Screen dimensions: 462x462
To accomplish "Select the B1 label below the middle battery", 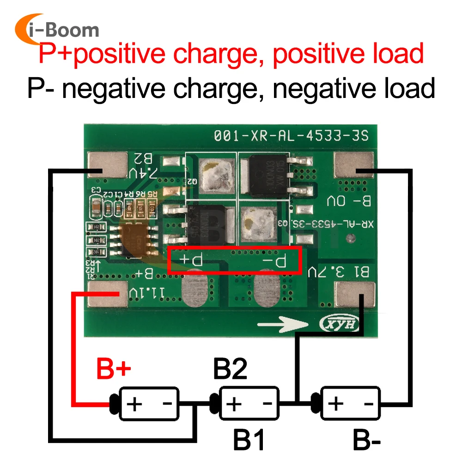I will pos(249,441).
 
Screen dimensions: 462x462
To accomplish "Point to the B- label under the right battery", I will pos(367,441).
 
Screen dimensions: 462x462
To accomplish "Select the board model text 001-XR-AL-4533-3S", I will pos(291,136).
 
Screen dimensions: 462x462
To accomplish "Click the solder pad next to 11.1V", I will pos(107,295).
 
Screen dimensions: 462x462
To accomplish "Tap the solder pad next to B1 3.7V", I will pos(354,295).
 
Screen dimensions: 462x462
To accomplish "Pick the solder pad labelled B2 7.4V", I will pos(107,165).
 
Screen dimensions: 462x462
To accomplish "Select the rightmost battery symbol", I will pos(350,404).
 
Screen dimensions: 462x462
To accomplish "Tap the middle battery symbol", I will pos(249,404).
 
